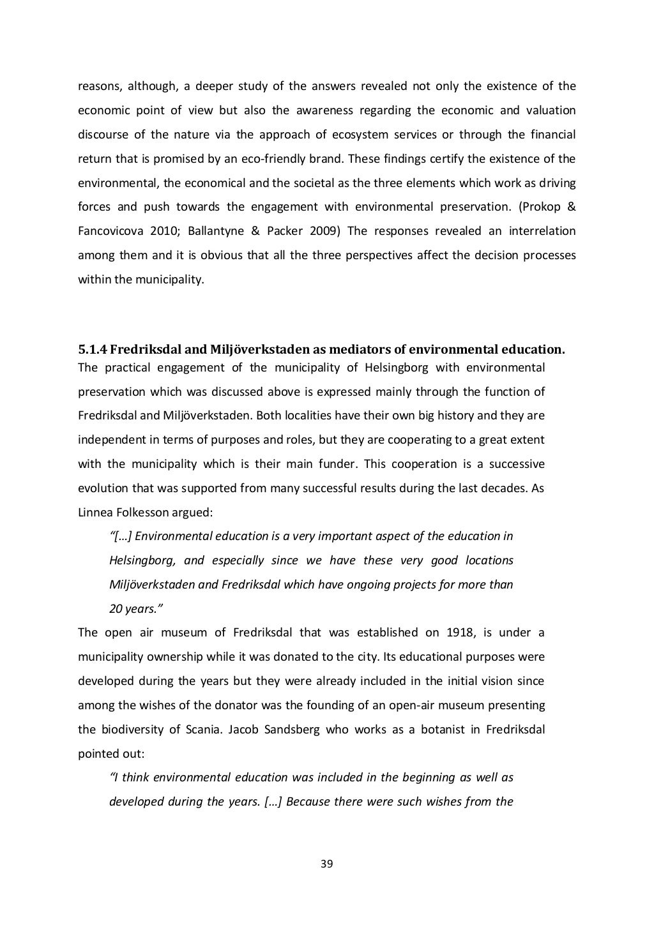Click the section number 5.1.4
pyautogui.click(x=93, y=349)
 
